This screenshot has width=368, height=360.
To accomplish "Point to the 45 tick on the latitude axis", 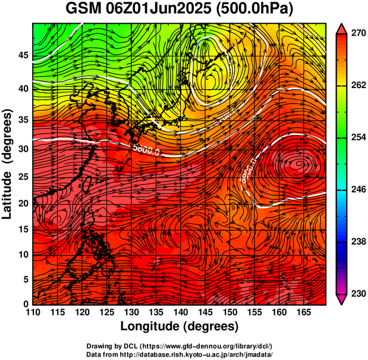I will tap(22, 55).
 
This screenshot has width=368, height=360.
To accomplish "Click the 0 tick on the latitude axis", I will tap(25, 304).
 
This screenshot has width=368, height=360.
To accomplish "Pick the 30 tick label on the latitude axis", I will tap(22, 149).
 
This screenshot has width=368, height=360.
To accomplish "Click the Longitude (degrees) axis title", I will tap(180, 327).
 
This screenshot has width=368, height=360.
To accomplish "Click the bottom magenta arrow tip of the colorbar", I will tap(342, 300).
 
